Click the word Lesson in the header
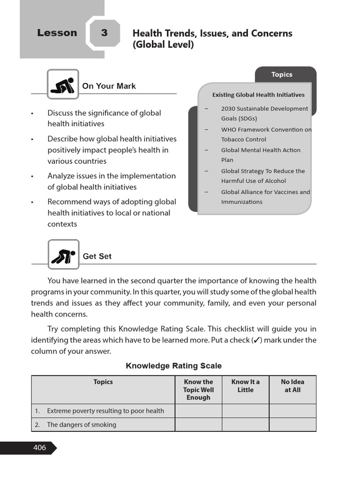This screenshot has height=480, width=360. point(57,33)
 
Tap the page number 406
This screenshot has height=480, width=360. point(39,448)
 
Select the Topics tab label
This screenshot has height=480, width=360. point(281,75)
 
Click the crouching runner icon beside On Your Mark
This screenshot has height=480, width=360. point(63,85)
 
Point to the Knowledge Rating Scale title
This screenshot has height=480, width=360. point(173,366)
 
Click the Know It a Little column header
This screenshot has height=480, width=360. point(245,386)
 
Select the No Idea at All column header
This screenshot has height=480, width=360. point(292,386)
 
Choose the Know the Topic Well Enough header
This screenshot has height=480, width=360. point(198,390)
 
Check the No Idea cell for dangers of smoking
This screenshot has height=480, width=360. point(292,425)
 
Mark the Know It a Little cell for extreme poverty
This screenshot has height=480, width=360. point(245,411)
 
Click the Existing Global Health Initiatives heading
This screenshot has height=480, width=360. point(258,95)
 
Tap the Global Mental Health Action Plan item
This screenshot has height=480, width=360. point(261,155)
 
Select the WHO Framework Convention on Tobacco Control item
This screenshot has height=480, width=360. point(266,135)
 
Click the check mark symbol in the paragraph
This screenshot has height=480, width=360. point(256,340)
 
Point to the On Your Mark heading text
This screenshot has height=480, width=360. point(109,86)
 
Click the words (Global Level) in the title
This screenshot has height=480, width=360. point(163,45)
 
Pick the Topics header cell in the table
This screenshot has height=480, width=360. point(103,382)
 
